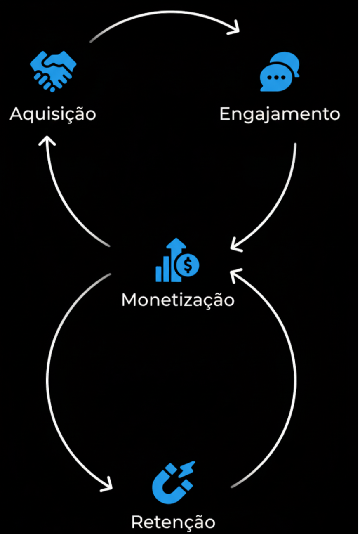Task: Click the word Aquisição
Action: point(53,113)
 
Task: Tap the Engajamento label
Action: point(280,114)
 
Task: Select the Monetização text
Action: point(178,300)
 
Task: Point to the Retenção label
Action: point(173,522)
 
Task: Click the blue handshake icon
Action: point(53,70)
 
